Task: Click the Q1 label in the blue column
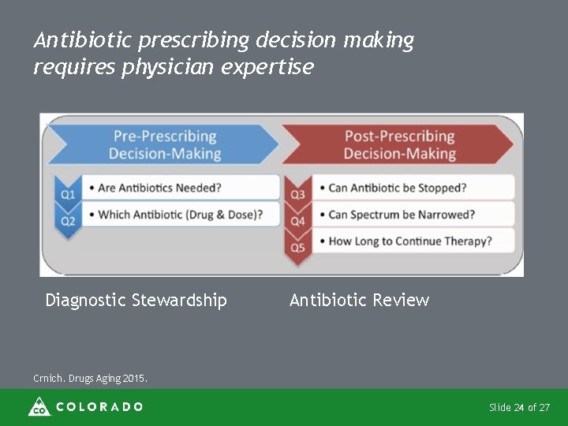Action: click(x=68, y=193)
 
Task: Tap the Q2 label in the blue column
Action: click(x=68, y=221)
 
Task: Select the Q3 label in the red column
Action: click(x=297, y=194)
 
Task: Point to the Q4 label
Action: click(x=297, y=222)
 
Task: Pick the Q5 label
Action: click(x=297, y=248)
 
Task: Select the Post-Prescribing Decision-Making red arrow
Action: click(x=399, y=145)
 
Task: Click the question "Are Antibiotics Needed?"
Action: click(x=155, y=188)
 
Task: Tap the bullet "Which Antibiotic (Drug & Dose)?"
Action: click(x=176, y=215)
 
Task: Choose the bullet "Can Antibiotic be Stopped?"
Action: click(x=398, y=188)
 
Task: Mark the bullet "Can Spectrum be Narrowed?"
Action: click(x=402, y=215)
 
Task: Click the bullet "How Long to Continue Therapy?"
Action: click(x=409, y=241)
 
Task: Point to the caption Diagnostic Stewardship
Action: click(x=136, y=300)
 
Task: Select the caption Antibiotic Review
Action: click(x=359, y=300)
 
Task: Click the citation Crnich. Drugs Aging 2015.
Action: click(x=90, y=379)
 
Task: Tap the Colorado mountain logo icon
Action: click(x=39, y=406)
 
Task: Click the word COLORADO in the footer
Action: click(x=99, y=407)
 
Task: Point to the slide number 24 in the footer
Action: click(x=518, y=408)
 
